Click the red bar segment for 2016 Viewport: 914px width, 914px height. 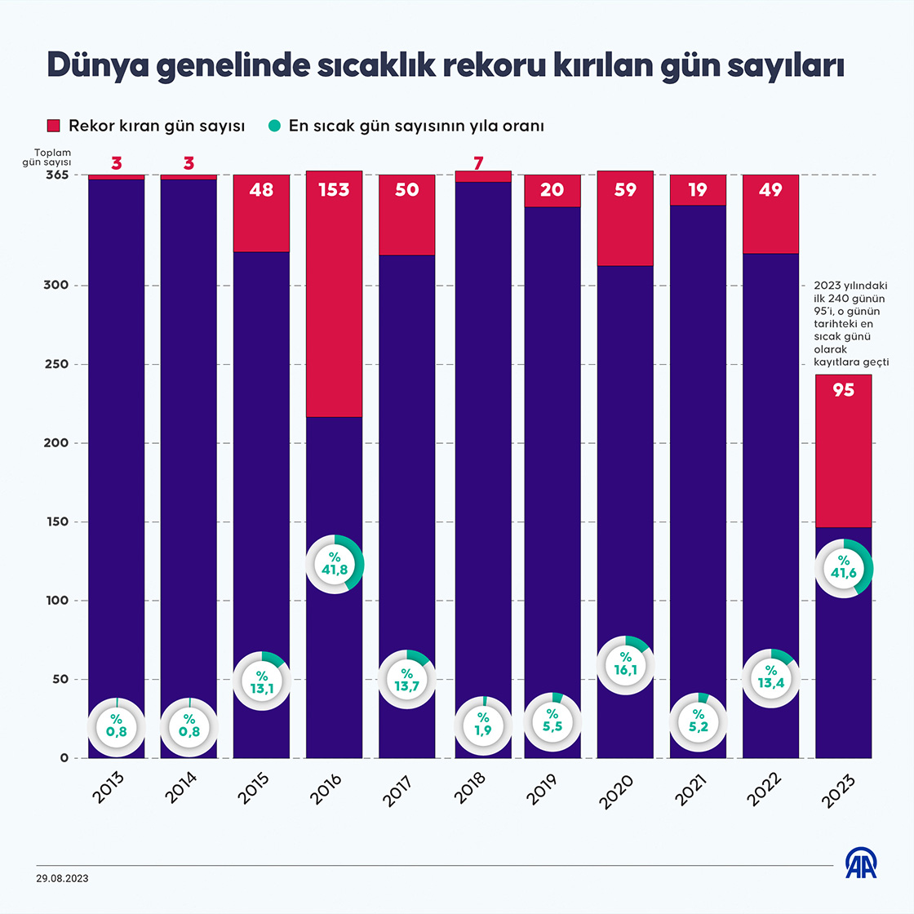click(334, 310)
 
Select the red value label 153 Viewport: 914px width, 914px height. click(334, 190)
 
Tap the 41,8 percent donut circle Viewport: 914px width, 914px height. click(335, 564)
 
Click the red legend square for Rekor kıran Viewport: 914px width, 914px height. click(54, 126)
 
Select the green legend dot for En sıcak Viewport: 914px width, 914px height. click(274, 126)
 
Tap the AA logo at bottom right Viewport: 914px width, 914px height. click(860, 863)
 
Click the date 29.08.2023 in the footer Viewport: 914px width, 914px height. click(62, 879)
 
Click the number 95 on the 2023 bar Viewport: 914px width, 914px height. click(843, 390)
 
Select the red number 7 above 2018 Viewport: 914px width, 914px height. click(479, 163)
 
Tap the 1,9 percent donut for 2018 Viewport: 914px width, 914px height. click(483, 725)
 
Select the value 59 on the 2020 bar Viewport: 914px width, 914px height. click(625, 190)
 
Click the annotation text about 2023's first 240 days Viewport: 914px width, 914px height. click(850, 324)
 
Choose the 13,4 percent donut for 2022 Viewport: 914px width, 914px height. click(770, 677)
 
